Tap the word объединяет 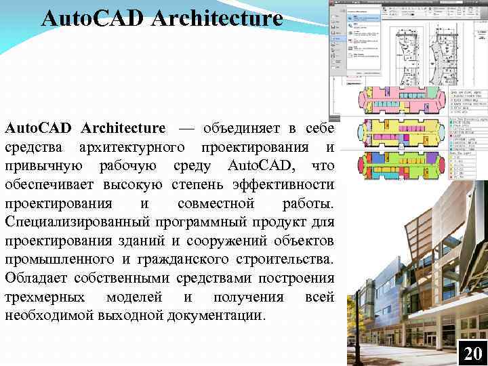[234, 127]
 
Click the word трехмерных [45, 297]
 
